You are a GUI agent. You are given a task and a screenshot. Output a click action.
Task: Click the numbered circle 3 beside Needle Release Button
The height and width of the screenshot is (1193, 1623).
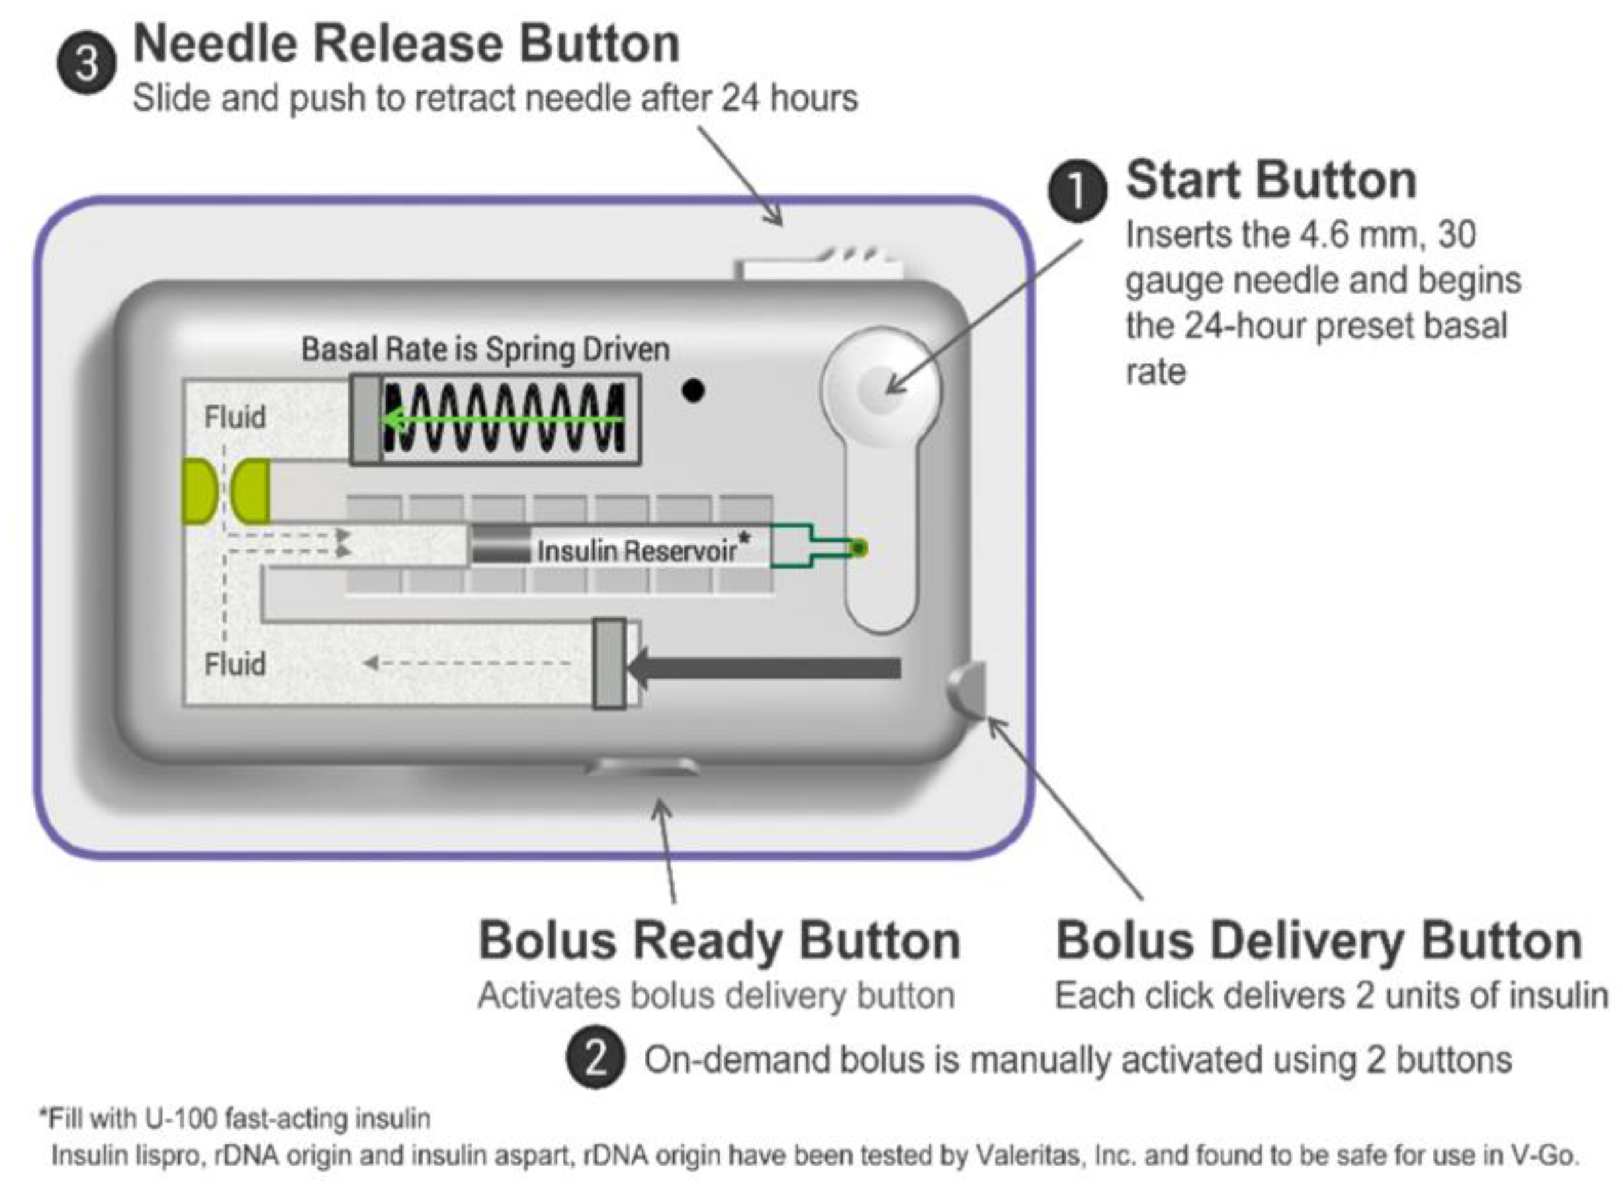coord(86,64)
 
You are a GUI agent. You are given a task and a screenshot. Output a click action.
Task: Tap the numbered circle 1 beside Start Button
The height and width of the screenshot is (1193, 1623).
coord(1077,191)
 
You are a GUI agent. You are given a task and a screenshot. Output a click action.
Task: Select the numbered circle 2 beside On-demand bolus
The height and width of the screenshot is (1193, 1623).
coord(595,1060)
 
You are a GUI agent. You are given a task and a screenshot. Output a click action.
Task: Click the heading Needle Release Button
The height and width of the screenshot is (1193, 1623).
coord(406,44)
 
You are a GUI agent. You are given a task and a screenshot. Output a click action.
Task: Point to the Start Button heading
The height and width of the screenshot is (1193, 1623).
coord(1271,180)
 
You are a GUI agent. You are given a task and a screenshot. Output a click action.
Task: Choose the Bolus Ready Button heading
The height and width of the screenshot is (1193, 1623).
coord(719,940)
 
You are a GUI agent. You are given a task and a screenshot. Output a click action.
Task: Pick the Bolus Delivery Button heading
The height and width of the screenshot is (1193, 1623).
coord(1319,940)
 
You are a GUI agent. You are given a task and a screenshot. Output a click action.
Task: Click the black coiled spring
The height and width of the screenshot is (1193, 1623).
coord(504,419)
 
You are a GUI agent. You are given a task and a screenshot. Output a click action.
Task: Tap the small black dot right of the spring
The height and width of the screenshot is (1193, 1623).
coord(692,391)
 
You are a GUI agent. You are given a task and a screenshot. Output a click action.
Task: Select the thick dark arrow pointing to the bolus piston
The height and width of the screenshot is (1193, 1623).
coord(766,667)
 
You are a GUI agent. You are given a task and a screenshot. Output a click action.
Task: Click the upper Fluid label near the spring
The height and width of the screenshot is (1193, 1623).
coord(235,417)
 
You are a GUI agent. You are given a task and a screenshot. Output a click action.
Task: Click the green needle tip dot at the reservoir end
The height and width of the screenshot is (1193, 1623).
coord(858,549)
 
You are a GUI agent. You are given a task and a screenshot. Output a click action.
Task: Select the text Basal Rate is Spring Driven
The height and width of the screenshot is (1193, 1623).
coord(485,350)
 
